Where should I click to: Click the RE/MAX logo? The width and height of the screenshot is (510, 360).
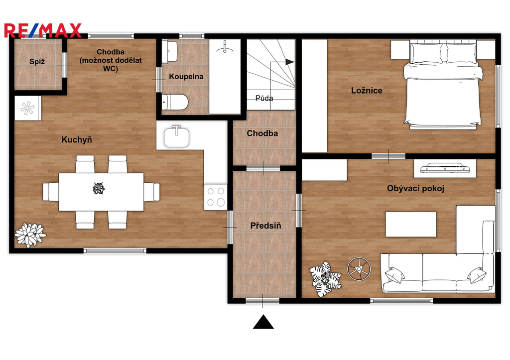coord(43,30)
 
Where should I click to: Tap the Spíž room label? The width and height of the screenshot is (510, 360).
coord(37,61)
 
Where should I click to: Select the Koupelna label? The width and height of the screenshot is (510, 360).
coord(186,77)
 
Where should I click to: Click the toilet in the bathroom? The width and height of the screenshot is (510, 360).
coord(175,102)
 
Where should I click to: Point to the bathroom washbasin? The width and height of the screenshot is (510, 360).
coord(169,51)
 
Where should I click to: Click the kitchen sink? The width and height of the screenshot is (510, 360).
coord(177,137)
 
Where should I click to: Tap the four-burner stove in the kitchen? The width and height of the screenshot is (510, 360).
coord(215,197)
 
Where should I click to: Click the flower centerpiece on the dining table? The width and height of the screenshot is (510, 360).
coord(98,188)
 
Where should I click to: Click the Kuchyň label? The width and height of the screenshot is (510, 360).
coord(77,140)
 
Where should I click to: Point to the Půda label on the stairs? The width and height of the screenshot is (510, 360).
coord(264,98)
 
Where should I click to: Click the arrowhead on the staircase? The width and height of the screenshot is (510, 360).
coord(289,61)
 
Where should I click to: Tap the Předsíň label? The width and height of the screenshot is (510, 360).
coord(266,226)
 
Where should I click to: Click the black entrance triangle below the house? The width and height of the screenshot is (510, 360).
coord(263,322)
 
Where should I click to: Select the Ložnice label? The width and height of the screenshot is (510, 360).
coord(367,91)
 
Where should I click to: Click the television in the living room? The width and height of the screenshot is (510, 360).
coord(445,168)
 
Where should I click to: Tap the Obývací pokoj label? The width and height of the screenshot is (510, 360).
coord(416,188)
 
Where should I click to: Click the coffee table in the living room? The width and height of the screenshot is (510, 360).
coord(411,225)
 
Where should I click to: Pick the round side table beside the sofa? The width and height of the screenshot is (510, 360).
coord(359,268)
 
